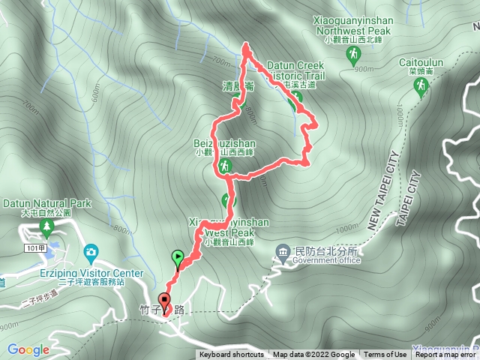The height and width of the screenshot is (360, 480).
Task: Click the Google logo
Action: coord(28,349)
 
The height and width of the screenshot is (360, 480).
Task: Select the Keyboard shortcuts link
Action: coord(232,355)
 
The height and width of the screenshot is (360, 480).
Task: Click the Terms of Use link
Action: coord(385,355)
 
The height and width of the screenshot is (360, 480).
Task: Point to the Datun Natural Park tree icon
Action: coord(47,225)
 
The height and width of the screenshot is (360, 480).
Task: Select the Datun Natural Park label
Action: coord(46,203)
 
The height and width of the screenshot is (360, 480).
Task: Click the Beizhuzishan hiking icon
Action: coord(226,166)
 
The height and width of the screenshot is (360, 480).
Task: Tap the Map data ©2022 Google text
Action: coord(313,355)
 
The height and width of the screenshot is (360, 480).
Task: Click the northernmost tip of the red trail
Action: coord(245,46)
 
